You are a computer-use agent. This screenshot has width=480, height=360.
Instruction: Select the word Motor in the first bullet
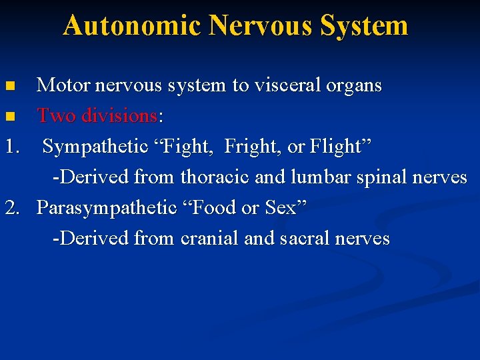point(63,85)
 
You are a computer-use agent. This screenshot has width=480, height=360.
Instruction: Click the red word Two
point(55,116)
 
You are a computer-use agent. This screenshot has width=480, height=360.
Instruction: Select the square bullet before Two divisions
point(9,117)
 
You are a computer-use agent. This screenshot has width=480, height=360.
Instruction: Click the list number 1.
point(13,147)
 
